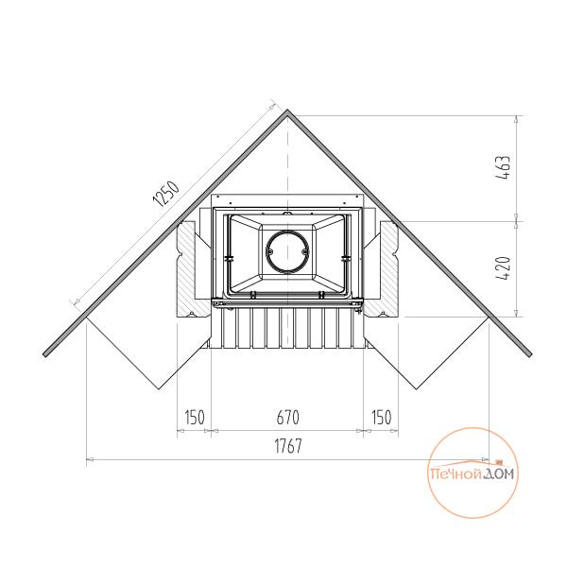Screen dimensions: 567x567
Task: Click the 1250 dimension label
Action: click(x=166, y=194)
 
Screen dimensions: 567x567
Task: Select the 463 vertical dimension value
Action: click(x=503, y=168)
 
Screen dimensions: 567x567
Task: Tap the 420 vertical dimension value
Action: click(x=503, y=268)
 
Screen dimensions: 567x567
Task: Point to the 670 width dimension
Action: click(x=288, y=418)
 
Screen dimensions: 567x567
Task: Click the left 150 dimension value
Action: click(x=195, y=418)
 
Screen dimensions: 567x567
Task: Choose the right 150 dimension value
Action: click(x=382, y=418)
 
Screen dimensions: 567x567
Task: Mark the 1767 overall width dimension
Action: click(x=288, y=446)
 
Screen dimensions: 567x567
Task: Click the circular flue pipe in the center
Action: click(x=287, y=251)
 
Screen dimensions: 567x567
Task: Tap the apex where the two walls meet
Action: click(x=287, y=110)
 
